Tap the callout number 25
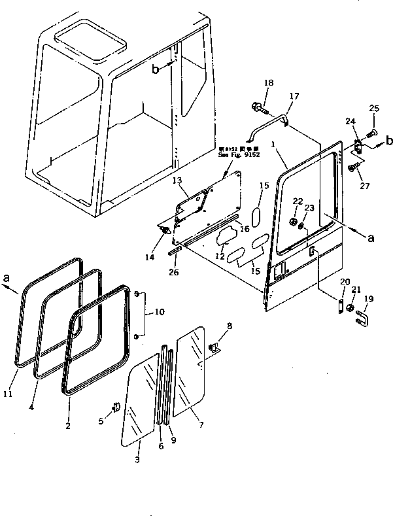374,107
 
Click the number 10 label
159,313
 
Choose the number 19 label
370,299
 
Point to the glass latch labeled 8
213,348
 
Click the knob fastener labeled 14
166,230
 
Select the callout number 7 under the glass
201,425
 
